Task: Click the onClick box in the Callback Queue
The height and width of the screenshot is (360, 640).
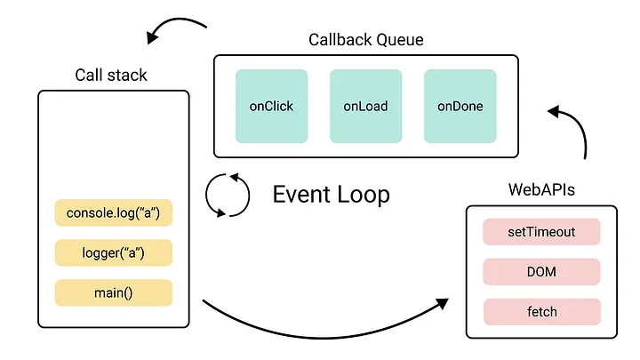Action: click(271, 106)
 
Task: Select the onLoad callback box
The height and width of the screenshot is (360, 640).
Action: click(365, 106)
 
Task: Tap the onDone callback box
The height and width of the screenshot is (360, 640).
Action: click(460, 106)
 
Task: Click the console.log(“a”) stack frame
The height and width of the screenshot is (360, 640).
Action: click(113, 213)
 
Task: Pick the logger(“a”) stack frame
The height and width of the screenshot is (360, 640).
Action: click(113, 253)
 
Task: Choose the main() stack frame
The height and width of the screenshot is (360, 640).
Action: click(113, 292)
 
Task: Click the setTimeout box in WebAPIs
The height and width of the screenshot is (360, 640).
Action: click(541, 232)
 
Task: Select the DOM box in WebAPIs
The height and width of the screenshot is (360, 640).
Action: click(541, 272)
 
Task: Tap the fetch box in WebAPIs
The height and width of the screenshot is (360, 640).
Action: click(541, 312)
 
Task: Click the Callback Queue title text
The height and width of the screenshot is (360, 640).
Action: click(365, 39)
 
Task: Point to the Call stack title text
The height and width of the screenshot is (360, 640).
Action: click(111, 75)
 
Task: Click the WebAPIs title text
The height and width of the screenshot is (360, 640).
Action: click(541, 189)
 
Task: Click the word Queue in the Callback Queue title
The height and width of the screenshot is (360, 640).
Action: click(398, 40)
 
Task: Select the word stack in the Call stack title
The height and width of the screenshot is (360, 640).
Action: click(127, 75)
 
